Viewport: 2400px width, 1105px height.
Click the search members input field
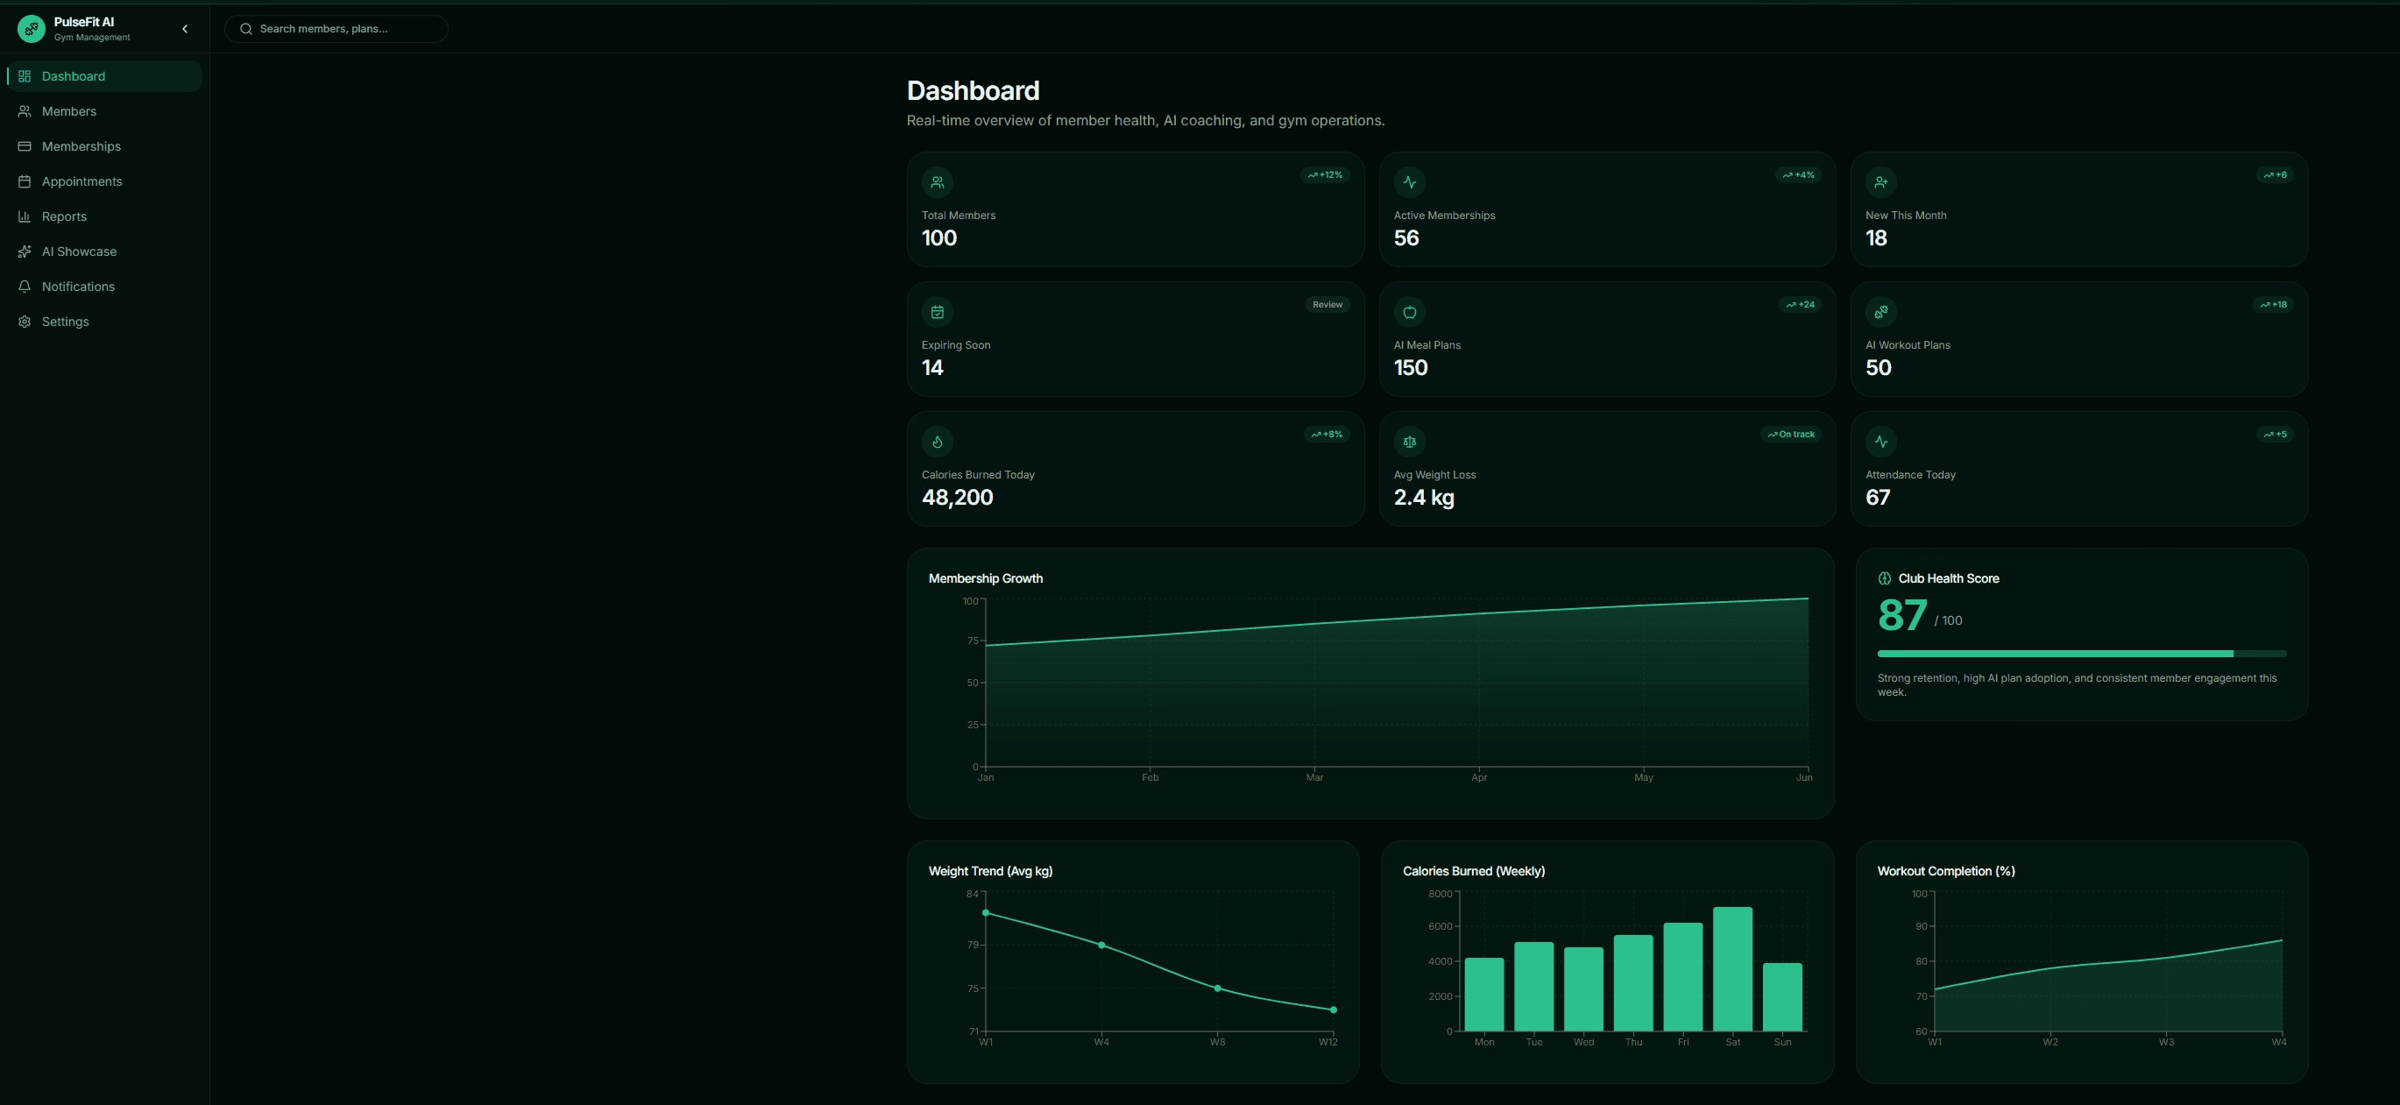tap(336, 29)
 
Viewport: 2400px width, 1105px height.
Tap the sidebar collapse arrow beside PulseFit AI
tap(186, 29)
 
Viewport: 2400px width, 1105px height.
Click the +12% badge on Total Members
tap(1325, 175)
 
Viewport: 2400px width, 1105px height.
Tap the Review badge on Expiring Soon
tap(1327, 305)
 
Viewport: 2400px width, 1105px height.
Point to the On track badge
tap(1791, 434)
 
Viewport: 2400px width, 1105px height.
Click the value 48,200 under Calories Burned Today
tap(958, 498)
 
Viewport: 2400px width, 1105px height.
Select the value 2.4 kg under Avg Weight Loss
tap(1424, 498)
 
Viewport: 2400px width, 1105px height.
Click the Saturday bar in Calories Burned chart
tap(1733, 969)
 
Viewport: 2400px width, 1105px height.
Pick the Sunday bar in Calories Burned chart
tap(1782, 997)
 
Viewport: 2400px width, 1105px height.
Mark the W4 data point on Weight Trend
tap(1101, 945)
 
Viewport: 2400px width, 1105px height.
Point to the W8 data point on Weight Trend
tap(1218, 988)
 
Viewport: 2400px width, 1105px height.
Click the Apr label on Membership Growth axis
tap(1479, 777)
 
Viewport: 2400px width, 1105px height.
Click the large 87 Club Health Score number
tap(1902, 616)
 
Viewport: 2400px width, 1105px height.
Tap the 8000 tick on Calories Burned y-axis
tap(1441, 894)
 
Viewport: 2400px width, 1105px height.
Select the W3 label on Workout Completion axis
tap(2166, 1042)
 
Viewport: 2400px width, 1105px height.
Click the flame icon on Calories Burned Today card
tap(938, 442)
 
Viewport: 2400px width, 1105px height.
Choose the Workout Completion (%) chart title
tap(1946, 871)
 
